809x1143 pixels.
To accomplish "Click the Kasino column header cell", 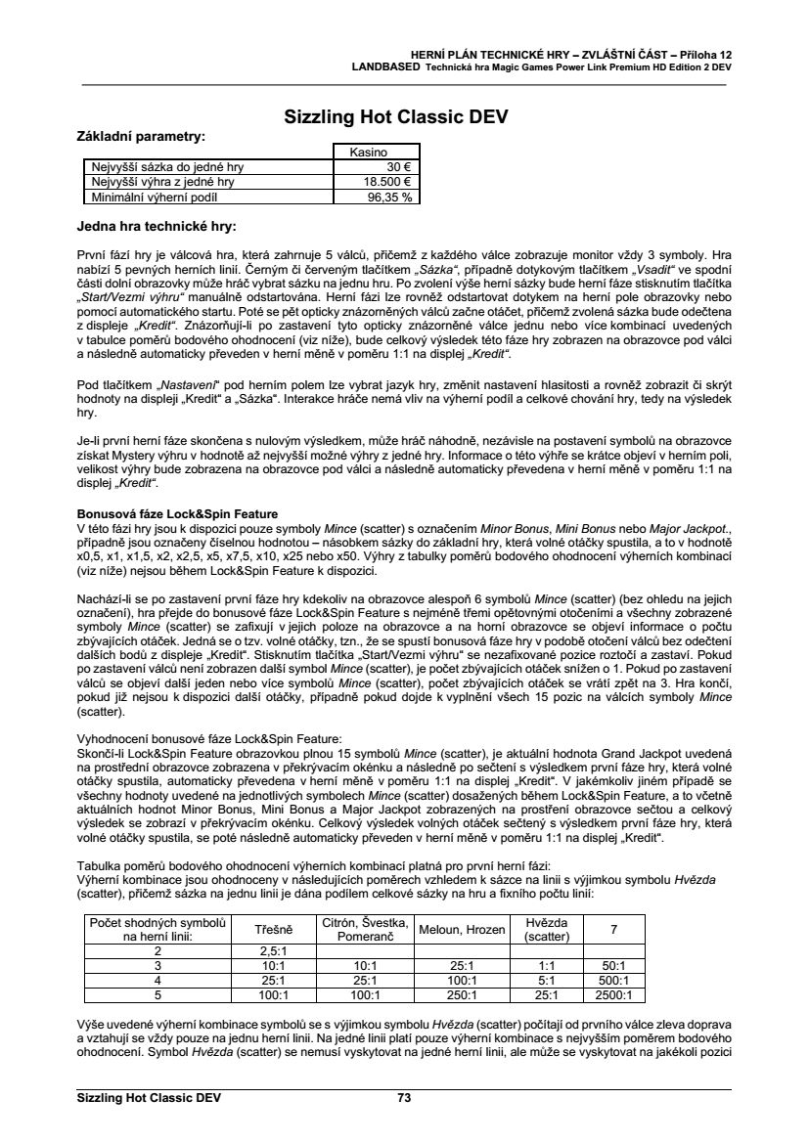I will (378, 153).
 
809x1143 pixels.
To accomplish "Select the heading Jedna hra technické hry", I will (156, 227).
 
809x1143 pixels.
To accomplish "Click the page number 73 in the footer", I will (404, 1098).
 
